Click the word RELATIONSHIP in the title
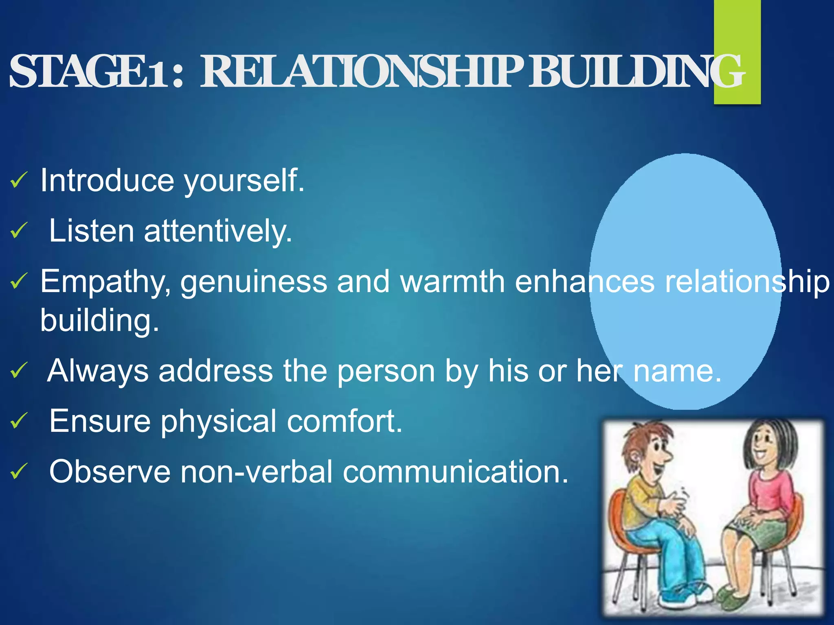pyautogui.click(x=362, y=72)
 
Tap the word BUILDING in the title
pyautogui.click(x=635, y=72)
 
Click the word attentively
pyautogui.click(x=218, y=231)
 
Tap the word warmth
pyautogui.click(x=452, y=282)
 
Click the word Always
pyautogui.click(x=98, y=371)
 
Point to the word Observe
pyautogui.click(x=110, y=472)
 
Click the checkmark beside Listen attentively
pyautogui.click(x=19, y=231)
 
